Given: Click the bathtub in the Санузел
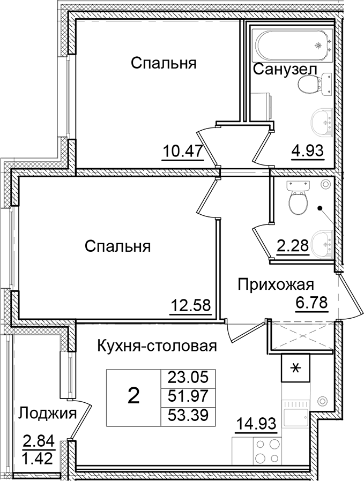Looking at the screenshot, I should pos(292,46).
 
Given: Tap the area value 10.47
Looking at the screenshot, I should pos(183,151).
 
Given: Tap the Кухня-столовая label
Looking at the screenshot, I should pos(157,347).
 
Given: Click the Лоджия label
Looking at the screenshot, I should pos(47,414).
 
